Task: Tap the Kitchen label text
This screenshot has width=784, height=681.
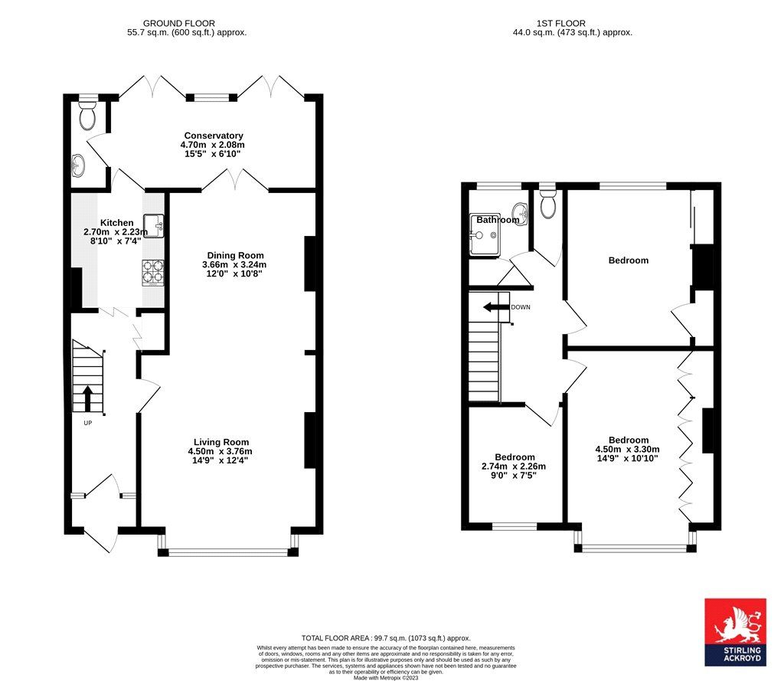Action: point(106,222)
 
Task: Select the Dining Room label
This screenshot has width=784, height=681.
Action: point(235,256)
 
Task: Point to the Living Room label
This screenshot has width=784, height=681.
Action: point(221,442)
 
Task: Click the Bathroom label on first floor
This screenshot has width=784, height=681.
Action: point(498,220)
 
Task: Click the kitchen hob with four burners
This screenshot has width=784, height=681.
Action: point(152,271)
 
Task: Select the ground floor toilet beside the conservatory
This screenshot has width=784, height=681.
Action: point(88,116)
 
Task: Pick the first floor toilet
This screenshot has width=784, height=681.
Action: point(547,203)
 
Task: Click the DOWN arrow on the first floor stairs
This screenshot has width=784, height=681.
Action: point(495,307)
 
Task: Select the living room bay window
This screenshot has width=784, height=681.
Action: point(228,548)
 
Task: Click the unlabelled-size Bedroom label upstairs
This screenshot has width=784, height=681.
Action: point(628,260)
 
